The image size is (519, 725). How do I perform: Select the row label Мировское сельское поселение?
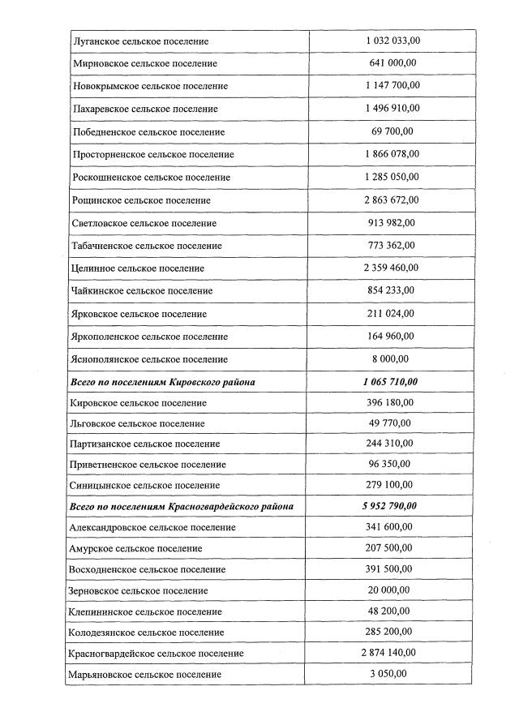point(144,63)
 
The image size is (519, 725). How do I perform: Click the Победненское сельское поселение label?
point(148,131)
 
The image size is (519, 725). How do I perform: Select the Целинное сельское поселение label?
point(138,268)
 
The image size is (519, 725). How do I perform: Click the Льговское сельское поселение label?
point(138,423)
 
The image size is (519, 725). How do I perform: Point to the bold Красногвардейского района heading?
point(182,506)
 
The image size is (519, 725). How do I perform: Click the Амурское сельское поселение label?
point(137,548)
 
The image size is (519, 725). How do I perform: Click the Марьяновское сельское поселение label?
point(146,674)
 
